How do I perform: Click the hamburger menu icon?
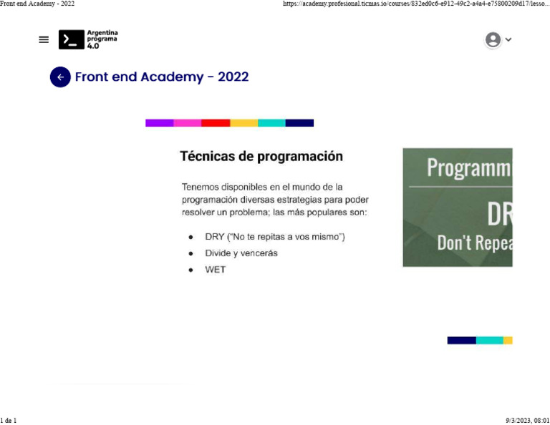click(44, 40)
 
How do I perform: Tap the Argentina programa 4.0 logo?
click(88, 39)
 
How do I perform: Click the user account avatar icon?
click(493, 40)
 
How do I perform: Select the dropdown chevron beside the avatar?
click(508, 40)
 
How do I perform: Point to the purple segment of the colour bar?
click(159, 123)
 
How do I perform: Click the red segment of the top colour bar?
click(216, 123)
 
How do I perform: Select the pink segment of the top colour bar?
click(188, 123)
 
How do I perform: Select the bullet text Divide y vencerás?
click(241, 253)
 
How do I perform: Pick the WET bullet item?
click(215, 270)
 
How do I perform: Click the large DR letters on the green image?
click(499, 213)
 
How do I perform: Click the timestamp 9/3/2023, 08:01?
click(527, 420)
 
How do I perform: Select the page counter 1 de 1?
click(9, 420)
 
